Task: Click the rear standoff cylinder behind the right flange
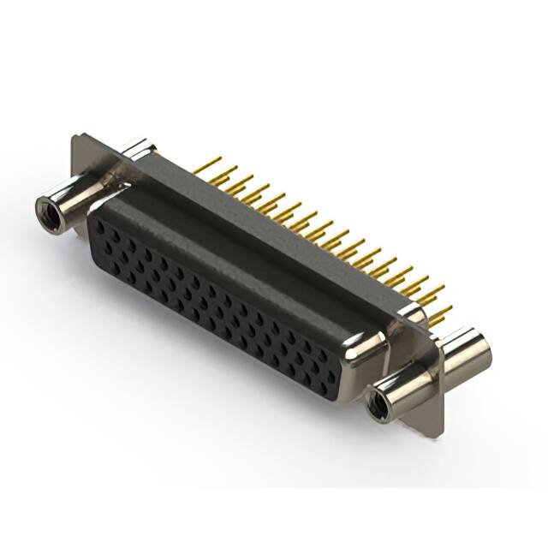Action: click(467, 353)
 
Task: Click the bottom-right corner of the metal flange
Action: click(442, 433)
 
